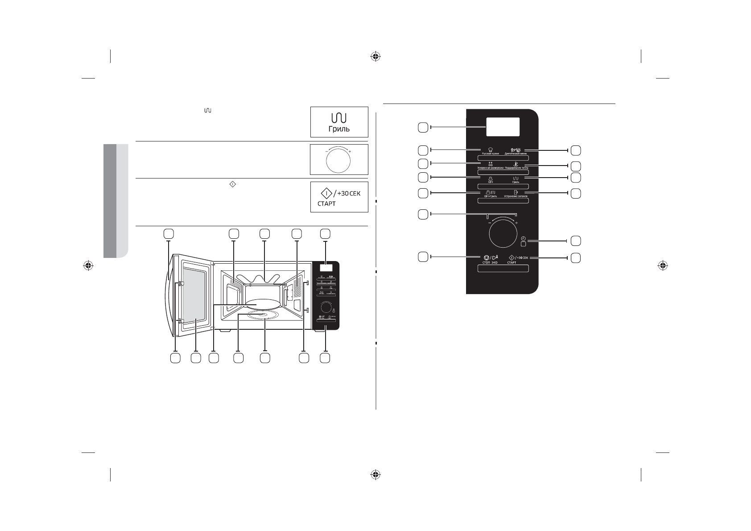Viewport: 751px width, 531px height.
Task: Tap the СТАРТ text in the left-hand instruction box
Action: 326,203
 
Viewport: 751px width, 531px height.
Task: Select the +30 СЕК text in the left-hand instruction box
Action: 349,194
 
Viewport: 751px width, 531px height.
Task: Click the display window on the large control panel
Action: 503,127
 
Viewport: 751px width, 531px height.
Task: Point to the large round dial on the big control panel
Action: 503,232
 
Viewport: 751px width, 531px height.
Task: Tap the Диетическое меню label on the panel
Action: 516,153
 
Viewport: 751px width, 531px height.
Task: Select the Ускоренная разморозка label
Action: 490,168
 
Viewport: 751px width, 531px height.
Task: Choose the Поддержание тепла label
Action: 516,168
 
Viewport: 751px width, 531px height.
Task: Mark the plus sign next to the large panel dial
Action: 516,222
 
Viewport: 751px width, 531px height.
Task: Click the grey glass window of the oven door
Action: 195,295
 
